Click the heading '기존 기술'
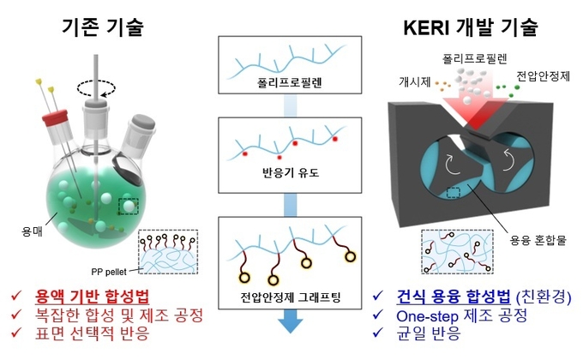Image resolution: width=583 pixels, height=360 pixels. point(103,27)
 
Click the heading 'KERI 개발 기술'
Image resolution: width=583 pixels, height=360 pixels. point(471,27)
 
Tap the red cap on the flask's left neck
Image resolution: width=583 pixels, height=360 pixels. point(55,117)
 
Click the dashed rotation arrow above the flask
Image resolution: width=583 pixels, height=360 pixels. point(96,88)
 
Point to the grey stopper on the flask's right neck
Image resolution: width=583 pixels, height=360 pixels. point(141,123)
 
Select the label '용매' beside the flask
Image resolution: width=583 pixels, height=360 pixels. point(32,231)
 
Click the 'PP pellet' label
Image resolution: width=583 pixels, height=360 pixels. point(109,272)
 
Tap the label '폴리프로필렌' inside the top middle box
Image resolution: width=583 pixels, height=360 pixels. point(289,82)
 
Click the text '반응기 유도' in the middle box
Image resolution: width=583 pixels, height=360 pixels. point(291,173)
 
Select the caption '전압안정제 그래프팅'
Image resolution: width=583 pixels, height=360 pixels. point(290,297)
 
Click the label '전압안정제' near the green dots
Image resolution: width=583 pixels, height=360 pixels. point(544,76)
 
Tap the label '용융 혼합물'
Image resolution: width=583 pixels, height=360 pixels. point(538,240)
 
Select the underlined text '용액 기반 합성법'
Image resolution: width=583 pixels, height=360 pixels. point(92,297)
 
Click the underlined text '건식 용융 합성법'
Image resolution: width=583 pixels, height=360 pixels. point(454,297)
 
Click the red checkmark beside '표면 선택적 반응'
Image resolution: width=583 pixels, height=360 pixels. point(16,332)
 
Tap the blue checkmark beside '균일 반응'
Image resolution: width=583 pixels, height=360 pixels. point(378,332)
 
